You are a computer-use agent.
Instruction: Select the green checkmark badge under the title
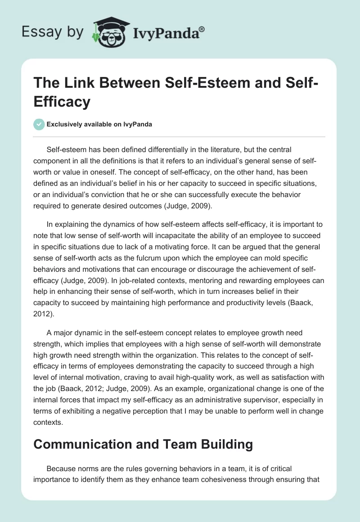pos(39,125)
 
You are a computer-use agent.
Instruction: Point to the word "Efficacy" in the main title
pos(62,102)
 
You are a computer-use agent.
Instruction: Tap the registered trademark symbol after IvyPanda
pos(202,29)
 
